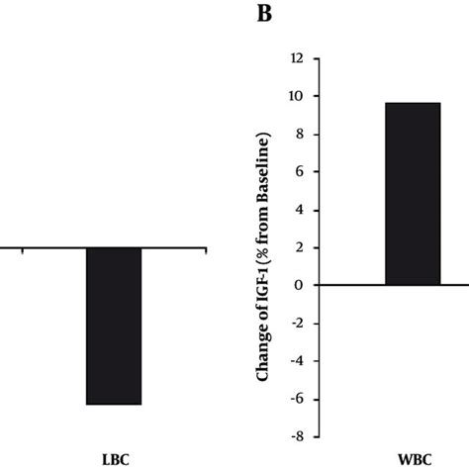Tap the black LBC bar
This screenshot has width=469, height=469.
(114, 326)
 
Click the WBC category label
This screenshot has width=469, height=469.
(414, 460)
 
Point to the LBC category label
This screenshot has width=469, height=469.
(115, 460)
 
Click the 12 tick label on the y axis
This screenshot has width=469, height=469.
(296, 58)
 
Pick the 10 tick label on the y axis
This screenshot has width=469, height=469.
(296, 96)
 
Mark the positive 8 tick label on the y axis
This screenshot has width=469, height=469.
(299, 134)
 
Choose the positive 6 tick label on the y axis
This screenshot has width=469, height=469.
(299, 171)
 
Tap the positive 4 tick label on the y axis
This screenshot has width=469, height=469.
(299, 210)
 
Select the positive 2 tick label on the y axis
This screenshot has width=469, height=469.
(299, 247)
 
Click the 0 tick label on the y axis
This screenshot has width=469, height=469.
(299, 285)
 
